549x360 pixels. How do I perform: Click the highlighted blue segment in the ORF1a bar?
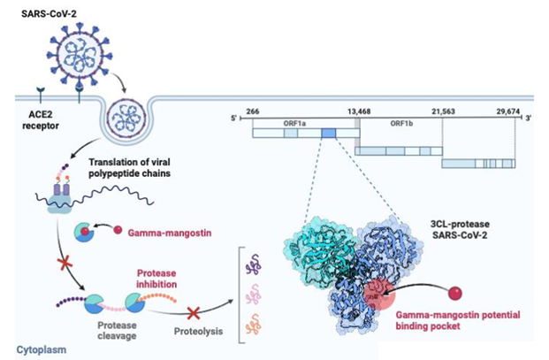pos(328,133)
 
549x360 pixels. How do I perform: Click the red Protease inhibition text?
pos(164,279)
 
